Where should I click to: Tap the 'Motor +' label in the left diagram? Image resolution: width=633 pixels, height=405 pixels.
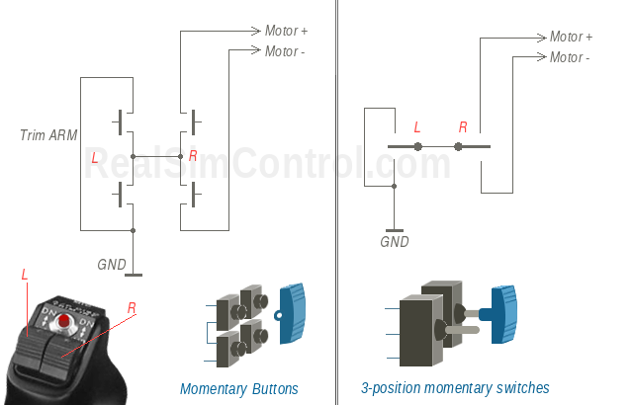pos(286,31)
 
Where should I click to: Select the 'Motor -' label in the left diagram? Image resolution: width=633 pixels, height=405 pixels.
pos(285,50)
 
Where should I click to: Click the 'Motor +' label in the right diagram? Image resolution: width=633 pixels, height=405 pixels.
pos(571,37)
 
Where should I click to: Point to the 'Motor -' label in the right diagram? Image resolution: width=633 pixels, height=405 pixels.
pos(570,57)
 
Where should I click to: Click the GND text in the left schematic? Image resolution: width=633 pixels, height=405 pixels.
pos(112,264)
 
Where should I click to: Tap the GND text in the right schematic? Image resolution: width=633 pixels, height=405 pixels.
pos(395,241)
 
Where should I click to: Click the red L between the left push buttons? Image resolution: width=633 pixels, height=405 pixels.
pos(95,157)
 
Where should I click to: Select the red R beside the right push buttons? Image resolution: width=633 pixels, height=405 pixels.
pos(193,156)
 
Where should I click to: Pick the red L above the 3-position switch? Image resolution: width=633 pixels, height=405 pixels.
pos(416,127)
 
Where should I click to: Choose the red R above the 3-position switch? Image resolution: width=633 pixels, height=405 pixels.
pos(462,127)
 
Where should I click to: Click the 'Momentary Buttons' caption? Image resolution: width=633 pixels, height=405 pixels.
pos(238,388)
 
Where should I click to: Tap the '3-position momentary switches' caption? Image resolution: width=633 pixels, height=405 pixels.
pos(455,388)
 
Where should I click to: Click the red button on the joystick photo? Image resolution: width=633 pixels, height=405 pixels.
pos(64,322)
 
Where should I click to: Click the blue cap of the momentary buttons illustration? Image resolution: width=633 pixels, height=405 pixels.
pos(294,314)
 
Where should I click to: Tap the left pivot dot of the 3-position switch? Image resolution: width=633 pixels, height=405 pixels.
pos(418,146)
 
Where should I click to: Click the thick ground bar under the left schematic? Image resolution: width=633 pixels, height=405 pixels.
pos(134,275)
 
